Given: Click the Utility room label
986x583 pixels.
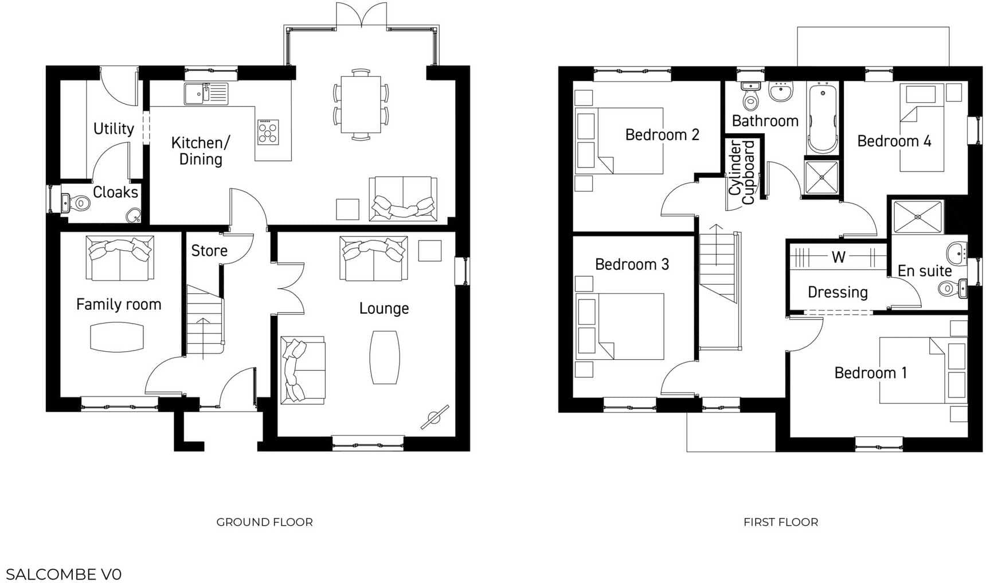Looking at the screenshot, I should [x=114, y=129].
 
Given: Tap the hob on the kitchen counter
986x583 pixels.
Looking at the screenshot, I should [x=268, y=132].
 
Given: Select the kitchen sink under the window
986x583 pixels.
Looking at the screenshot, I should [x=206, y=94].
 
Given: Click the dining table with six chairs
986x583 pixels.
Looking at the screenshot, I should [x=361, y=104].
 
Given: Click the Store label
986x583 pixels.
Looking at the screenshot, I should [x=209, y=251].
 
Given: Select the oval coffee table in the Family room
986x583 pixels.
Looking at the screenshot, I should [x=117, y=337].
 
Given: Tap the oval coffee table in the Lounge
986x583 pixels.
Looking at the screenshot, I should [x=385, y=357].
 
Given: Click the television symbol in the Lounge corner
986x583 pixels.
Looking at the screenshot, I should [x=434, y=418].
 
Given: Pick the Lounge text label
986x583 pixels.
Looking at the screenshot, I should [x=384, y=309].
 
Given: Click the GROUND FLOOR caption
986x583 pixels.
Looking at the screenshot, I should [x=264, y=522].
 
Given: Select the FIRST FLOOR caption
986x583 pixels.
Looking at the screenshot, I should [x=781, y=522].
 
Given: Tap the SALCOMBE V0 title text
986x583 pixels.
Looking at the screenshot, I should [x=64, y=574].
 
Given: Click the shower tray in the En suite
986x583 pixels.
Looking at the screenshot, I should [x=918, y=217].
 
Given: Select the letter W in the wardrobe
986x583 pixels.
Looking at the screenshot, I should [x=839, y=257].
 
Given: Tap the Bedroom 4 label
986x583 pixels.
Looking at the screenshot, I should [x=894, y=141].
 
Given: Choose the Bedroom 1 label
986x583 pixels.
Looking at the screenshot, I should [x=870, y=373].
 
